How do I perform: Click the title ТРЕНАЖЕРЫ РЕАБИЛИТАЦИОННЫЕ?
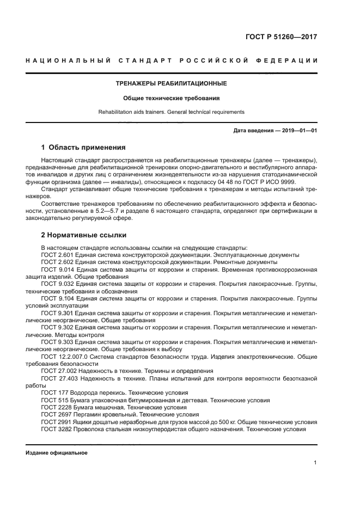pos(172,83)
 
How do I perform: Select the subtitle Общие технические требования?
pos(172,99)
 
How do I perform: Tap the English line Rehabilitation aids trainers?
pos(172,112)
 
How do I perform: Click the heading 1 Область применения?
pos(84,148)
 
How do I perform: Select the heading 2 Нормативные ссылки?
pos(84,235)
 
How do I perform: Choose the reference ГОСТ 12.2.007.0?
pos(63,357)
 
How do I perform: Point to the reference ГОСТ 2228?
pos(56,407)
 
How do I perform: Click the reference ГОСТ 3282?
pos(56,429)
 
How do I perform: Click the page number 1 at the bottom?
pos(315,463)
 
